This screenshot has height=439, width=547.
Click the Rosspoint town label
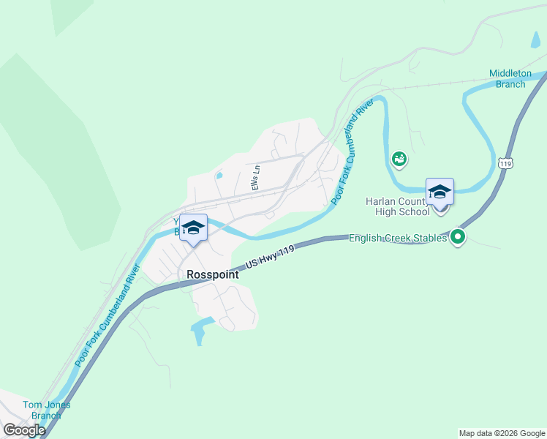pos(212,274)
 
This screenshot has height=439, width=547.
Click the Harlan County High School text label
pos(398,206)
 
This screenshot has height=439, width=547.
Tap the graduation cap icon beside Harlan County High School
pos(440,192)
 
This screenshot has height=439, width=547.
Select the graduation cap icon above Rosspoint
pos(193,228)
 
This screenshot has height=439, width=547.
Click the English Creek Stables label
pos(399,238)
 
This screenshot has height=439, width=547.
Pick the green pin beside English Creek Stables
pos(458,236)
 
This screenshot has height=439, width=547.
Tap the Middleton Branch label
pos(507,79)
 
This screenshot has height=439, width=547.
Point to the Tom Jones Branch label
pos(42,410)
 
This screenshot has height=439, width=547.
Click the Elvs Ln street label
pos(255,178)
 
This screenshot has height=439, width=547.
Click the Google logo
pos(24,430)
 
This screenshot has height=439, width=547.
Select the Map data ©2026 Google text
pos(501,433)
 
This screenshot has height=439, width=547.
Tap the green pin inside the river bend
pos(399,157)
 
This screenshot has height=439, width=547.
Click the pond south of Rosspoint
pos(199,330)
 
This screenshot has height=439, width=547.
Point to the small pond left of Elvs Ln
pos(219,176)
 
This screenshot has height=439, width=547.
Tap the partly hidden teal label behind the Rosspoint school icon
pos(177,226)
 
